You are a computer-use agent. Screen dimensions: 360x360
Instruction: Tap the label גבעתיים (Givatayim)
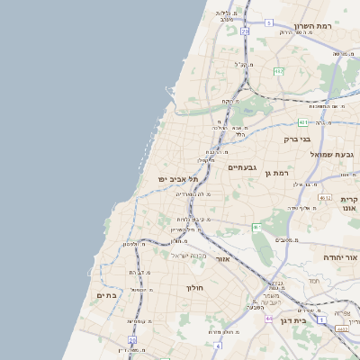click(244, 167)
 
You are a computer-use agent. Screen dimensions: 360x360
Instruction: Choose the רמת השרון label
click(313, 26)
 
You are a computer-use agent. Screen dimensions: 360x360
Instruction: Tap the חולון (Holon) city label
click(196, 288)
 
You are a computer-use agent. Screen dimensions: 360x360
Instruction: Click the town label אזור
click(224, 258)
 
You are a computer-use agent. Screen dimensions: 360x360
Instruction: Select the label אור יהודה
click(341, 257)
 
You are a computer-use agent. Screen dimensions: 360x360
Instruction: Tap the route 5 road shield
click(268, 23)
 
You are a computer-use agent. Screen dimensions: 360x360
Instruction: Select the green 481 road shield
click(303, 122)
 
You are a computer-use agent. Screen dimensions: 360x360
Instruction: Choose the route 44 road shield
click(268, 318)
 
